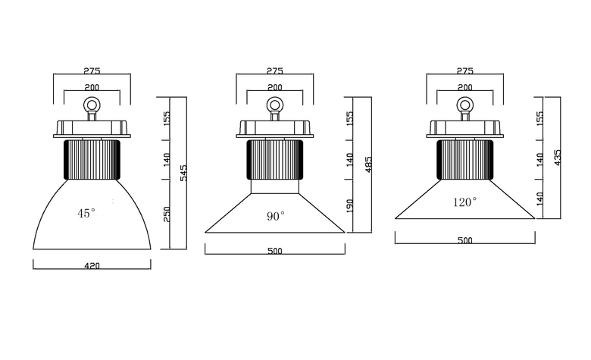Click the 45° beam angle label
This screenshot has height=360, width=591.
[x=86, y=214]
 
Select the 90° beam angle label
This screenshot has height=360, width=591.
[x=276, y=216]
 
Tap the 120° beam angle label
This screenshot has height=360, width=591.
[x=464, y=202]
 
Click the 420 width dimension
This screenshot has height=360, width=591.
[x=92, y=266]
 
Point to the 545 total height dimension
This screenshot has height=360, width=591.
[x=183, y=173]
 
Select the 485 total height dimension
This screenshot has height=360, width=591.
[x=369, y=164]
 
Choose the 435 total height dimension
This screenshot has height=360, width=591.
[x=558, y=158]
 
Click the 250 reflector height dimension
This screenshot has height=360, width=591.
[x=167, y=214]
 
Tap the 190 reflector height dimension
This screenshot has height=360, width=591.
[x=349, y=206]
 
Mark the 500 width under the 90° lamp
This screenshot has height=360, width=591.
[x=275, y=251]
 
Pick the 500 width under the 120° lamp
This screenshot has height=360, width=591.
[x=464, y=240]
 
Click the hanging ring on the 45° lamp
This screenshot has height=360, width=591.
[x=92, y=104]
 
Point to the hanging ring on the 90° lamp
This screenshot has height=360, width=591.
[x=274, y=104]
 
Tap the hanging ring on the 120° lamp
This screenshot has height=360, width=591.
[x=464, y=104]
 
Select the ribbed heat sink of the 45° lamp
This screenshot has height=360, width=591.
[x=92, y=159]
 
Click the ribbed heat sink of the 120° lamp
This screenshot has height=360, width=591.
[x=465, y=159]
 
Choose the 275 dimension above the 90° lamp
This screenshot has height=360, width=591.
[x=275, y=71]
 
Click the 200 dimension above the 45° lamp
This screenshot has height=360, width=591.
[x=92, y=87]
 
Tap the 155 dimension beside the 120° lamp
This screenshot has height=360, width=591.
[x=539, y=118]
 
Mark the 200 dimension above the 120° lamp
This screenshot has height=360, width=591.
[x=464, y=87]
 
